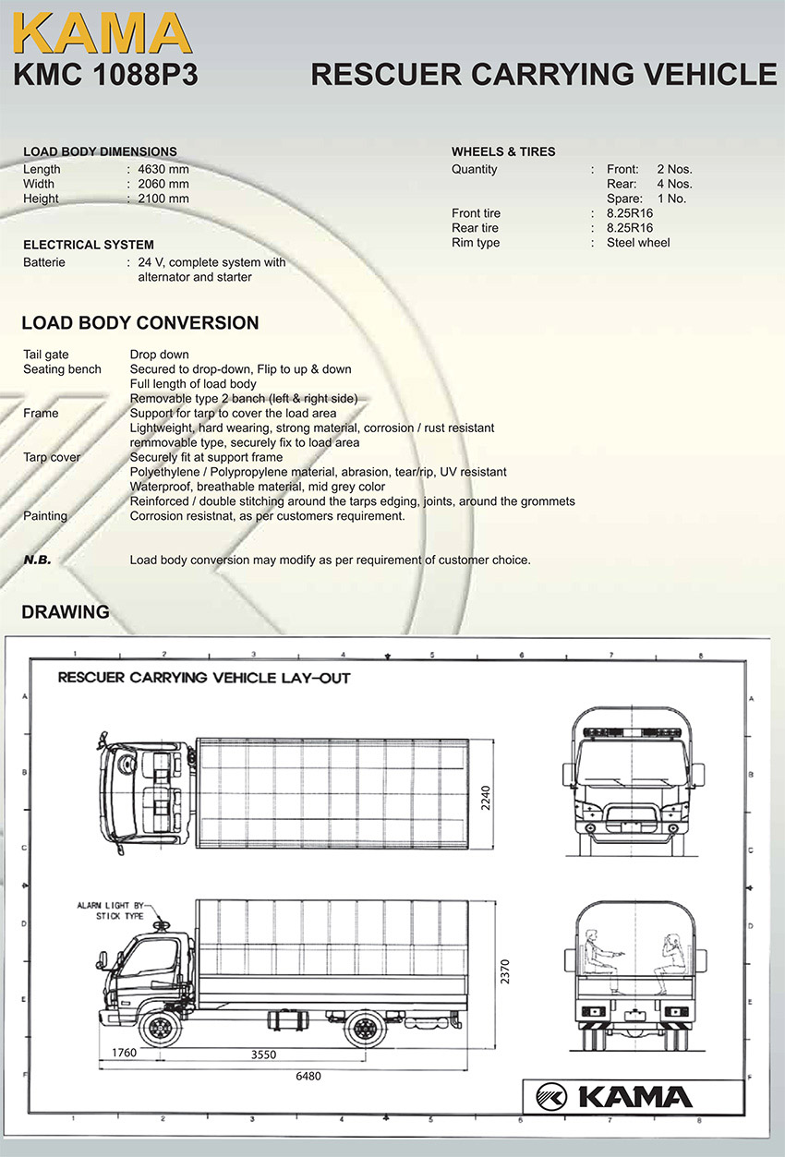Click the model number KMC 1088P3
coord(105,75)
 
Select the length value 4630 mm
coord(163,169)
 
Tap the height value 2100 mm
coord(163,199)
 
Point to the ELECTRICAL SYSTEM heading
coord(89,245)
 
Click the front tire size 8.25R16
coord(630,213)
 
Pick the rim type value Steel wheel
coord(638,243)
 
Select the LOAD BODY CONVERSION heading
coord(140,323)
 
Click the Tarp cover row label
coord(52,457)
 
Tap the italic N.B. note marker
coord(37,560)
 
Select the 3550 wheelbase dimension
coord(263,1054)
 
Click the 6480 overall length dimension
coord(308,1076)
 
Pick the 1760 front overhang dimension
coord(124,1052)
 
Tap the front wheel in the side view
coord(158,1027)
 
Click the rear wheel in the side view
coord(364,1027)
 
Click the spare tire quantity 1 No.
coord(671,199)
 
